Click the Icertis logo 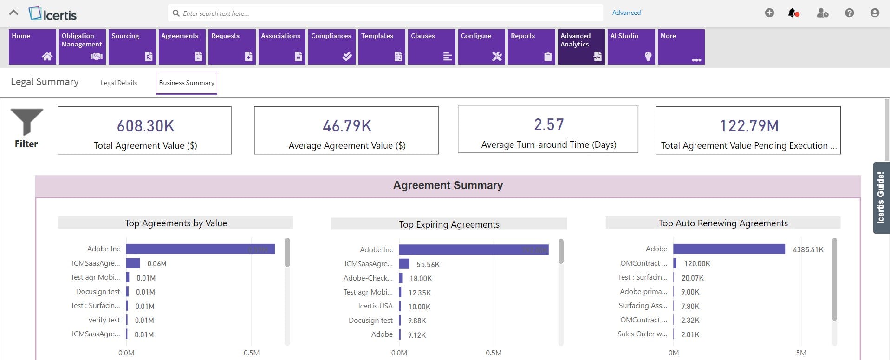(x=52, y=13)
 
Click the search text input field (x=385, y=13)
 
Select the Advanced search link (x=626, y=13)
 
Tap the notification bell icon (x=793, y=13)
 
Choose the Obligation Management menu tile (x=82, y=46)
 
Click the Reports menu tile (x=531, y=46)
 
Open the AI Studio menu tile (x=631, y=46)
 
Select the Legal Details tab (x=119, y=83)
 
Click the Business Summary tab (x=187, y=83)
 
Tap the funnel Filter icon (x=26, y=122)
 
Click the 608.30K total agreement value (x=145, y=126)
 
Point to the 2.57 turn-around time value (x=548, y=124)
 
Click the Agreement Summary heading (x=448, y=185)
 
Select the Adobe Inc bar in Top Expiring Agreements (x=473, y=250)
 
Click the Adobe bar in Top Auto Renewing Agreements (x=728, y=249)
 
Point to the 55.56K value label (x=428, y=264)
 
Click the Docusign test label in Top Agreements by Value (x=97, y=292)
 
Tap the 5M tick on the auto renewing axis (x=800, y=353)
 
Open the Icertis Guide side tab (x=880, y=197)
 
